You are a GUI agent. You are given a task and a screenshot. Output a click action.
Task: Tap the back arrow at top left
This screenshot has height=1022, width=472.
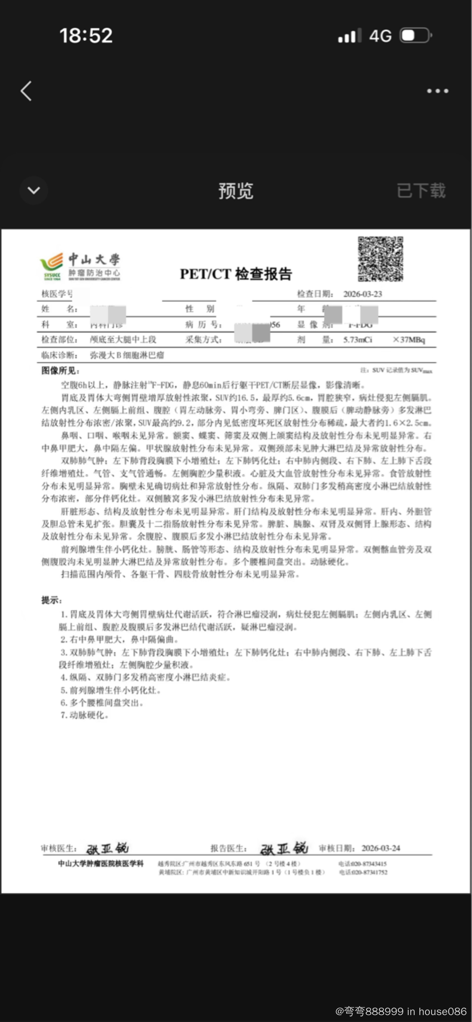pyautogui.click(x=26, y=91)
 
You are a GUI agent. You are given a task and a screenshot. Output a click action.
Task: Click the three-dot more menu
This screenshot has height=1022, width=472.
pyautogui.click(x=437, y=91)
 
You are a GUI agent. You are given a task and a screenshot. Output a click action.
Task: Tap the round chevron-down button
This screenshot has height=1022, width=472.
pyautogui.click(x=34, y=190)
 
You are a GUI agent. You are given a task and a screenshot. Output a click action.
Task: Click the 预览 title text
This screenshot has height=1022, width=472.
pyautogui.click(x=236, y=191)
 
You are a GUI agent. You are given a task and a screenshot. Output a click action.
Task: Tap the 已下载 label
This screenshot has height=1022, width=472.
pyautogui.click(x=421, y=191)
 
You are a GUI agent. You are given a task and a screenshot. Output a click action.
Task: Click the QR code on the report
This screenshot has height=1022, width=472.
pyautogui.click(x=380, y=259)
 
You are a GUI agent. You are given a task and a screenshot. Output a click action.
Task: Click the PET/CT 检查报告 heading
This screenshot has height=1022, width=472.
pyautogui.click(x=236, y=274)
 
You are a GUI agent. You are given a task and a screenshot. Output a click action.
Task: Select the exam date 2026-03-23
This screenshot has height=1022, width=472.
pyautogui.click(x=362, y=294)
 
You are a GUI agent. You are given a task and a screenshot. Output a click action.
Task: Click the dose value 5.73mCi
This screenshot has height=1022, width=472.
pyautogui.click(x=358, y=340)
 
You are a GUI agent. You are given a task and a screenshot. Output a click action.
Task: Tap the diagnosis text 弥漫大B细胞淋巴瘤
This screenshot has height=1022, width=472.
pyautogui.click(x=127, y=355)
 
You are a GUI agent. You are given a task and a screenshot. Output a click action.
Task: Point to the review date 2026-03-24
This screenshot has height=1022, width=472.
pyautogui.click(x=381, y=848)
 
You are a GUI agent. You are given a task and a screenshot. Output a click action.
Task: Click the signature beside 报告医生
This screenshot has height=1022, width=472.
pyautogui.click(x=284, y=848)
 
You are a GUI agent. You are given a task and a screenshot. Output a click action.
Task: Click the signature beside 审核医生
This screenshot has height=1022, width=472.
pyautogui.click(x=107, y=848)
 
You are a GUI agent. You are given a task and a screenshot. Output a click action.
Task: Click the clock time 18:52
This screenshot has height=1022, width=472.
pyautogui.click(x=86, y=36)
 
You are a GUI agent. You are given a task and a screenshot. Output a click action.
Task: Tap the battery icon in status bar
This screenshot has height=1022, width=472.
pyautogui.click(x=416, y=36)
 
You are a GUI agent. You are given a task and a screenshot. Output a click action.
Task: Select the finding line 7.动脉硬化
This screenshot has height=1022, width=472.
pyautogui.click(x=84, y=715)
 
